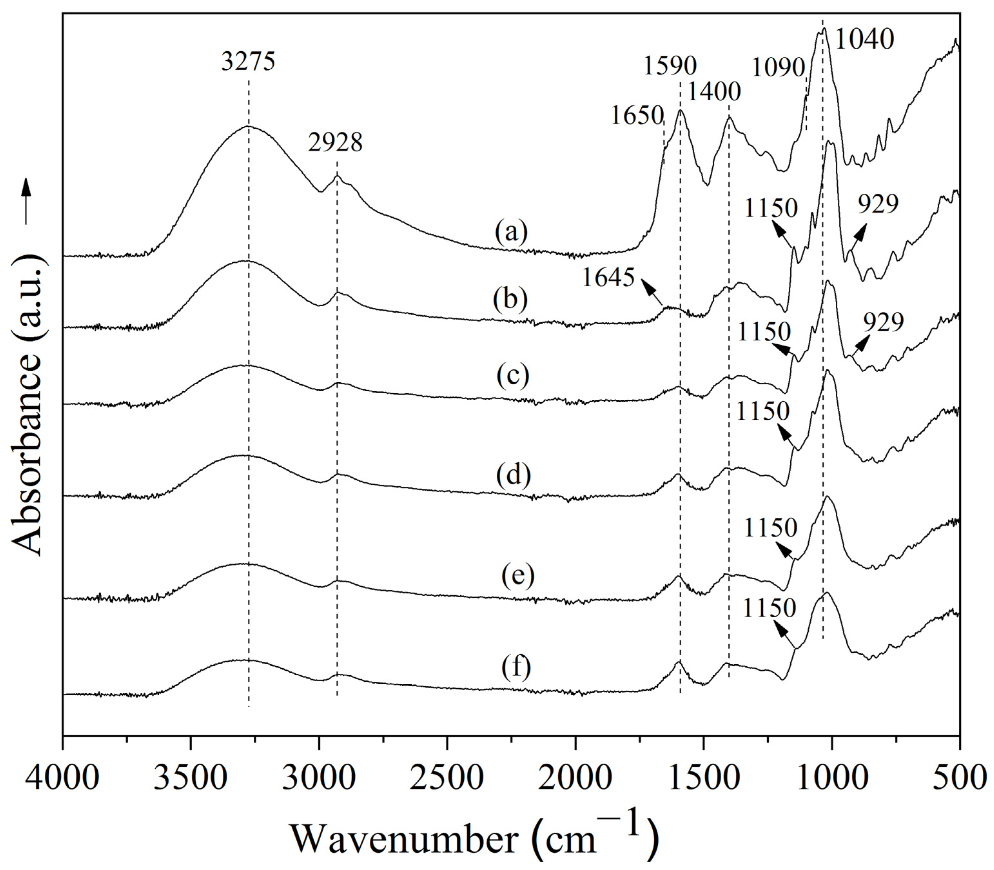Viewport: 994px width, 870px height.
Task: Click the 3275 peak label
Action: click(x=248, y=62)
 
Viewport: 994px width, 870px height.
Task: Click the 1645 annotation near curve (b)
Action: click(x=608, y=278)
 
